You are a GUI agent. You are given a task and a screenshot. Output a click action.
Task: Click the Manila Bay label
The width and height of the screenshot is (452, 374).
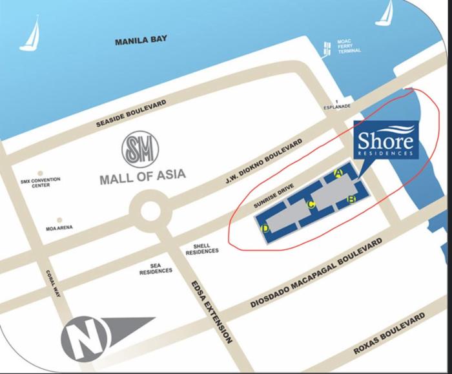[141, 41]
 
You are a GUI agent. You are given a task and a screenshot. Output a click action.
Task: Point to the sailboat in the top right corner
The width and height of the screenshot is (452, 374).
[385, 13]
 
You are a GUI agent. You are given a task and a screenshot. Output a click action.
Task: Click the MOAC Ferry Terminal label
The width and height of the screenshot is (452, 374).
[349, 47]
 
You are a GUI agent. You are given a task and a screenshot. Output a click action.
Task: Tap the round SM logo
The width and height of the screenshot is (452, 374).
[140, 149]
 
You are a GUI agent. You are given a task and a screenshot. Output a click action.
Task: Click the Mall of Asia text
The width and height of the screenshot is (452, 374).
[142, 174]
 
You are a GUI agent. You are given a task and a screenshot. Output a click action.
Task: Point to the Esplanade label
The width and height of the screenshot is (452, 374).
[336, 105]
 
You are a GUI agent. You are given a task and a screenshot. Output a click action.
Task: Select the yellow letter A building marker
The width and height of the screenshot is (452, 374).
[338, 172]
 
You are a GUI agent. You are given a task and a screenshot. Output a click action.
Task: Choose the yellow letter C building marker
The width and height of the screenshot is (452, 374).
[310, 205]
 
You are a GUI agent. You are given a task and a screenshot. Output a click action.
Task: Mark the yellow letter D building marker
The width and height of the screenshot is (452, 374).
[265, 228]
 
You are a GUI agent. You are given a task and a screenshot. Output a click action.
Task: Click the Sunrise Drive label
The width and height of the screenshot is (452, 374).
[273, 196]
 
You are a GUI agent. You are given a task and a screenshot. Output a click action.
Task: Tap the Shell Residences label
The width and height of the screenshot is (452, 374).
[201, 249]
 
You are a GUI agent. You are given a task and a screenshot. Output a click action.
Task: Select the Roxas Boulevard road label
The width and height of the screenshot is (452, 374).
[389, 333]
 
